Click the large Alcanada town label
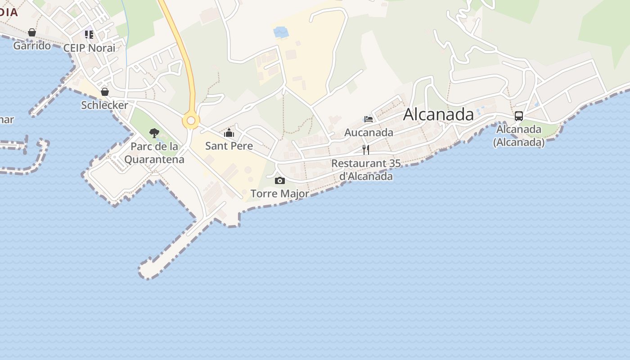click(x=438, y=114)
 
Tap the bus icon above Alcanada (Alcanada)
click(x=519, y=116)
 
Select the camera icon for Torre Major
click(x=280, y=180)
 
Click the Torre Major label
click(x=279, y=193)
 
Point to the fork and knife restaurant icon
click(x=366, y=150)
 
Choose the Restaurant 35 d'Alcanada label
click(x=366, y=170)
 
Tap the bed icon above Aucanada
click(x=369, y=119)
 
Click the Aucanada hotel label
click(x=369, y=132)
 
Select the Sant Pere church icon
click(x=229, y=133)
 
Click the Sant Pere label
click(x=229, y=146)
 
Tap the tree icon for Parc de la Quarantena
click(x=154, y=133)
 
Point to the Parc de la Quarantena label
click(x=154, y=153)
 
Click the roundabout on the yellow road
click(x=191, y=121)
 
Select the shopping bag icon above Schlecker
click(x=105, y=92)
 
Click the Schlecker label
click(x=104, y=105)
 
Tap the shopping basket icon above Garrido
click(x=32, y=32)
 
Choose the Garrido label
click(x=32, y=45)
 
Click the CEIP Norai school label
click(x=89, y=48)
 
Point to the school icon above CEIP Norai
click(x=89, y=35)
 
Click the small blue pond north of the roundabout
click(x=281, y=32)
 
